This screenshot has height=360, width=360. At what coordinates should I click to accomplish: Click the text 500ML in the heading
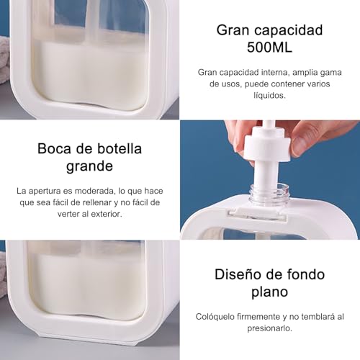click(x=270, y=48)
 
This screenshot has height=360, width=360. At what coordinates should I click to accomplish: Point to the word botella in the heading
click(x=117, y=149)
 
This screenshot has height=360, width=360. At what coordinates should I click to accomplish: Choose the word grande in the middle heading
click(x=90, y=167)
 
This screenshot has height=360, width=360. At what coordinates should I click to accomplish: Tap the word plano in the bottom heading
click(x=270, y=292)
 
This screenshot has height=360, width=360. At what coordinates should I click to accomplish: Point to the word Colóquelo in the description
click(x=218, y=316)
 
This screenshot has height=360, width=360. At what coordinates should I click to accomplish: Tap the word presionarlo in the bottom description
click(x=270, y=328)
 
